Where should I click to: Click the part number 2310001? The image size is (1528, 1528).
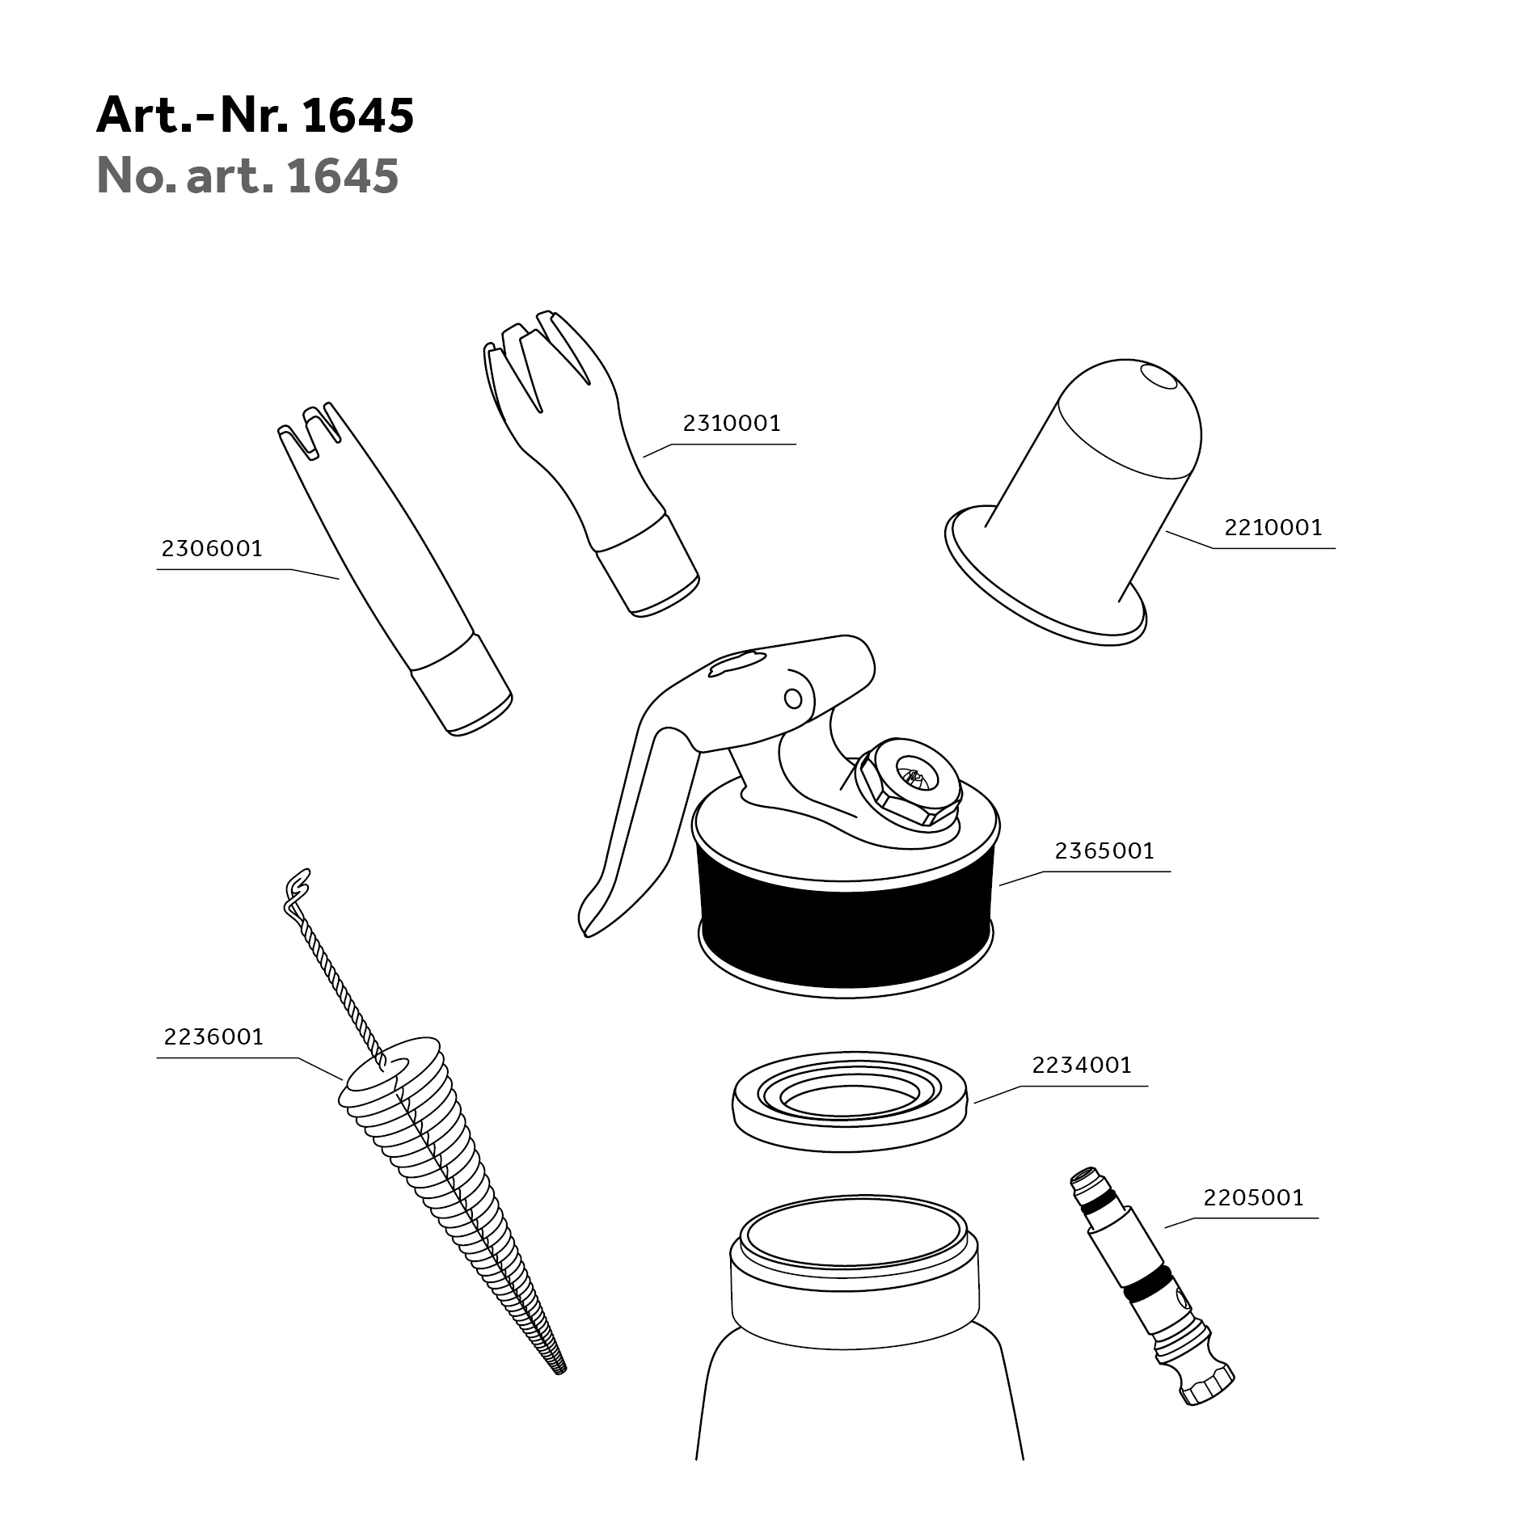[x=732, y=424]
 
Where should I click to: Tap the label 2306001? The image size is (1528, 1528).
[x=212, y=549]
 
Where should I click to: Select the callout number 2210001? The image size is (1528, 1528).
[x=1273, y=528]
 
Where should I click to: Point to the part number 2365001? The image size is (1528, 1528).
[x=1104, y=851]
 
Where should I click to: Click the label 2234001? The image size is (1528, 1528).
[x=1082, y=1066]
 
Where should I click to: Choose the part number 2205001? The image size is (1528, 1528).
[x=1253, y=1197]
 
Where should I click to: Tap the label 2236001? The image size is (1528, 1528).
[x=213, y=1037]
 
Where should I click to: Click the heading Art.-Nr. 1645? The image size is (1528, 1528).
[x=255, y=115]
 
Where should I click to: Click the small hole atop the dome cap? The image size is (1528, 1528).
[x=1158, y=377]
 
